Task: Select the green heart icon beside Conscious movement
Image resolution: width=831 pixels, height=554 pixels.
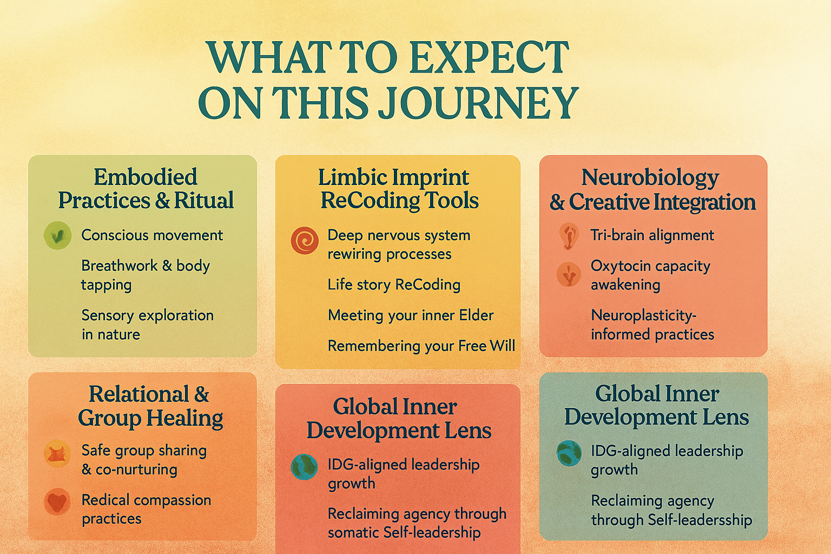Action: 57,235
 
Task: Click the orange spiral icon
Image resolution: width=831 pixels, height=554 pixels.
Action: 305,240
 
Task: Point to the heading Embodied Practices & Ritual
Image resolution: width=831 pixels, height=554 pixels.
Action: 146,188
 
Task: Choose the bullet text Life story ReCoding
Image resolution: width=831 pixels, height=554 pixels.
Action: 394,285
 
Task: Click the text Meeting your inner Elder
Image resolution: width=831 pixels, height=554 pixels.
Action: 411,315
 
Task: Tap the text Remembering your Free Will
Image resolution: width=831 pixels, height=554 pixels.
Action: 421,346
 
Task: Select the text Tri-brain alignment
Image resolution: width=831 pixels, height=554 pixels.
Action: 652,235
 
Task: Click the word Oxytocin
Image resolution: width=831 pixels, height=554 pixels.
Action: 624,266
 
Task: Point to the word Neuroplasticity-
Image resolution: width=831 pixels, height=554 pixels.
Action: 644,316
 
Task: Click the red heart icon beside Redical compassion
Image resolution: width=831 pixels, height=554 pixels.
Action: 57,502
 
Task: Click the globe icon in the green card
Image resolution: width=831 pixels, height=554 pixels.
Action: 569,453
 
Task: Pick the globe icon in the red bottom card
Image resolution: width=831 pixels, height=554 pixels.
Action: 304,467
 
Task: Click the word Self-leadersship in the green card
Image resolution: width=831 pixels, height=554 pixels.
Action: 700,520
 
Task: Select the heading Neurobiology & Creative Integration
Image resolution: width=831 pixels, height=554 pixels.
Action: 652,189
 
